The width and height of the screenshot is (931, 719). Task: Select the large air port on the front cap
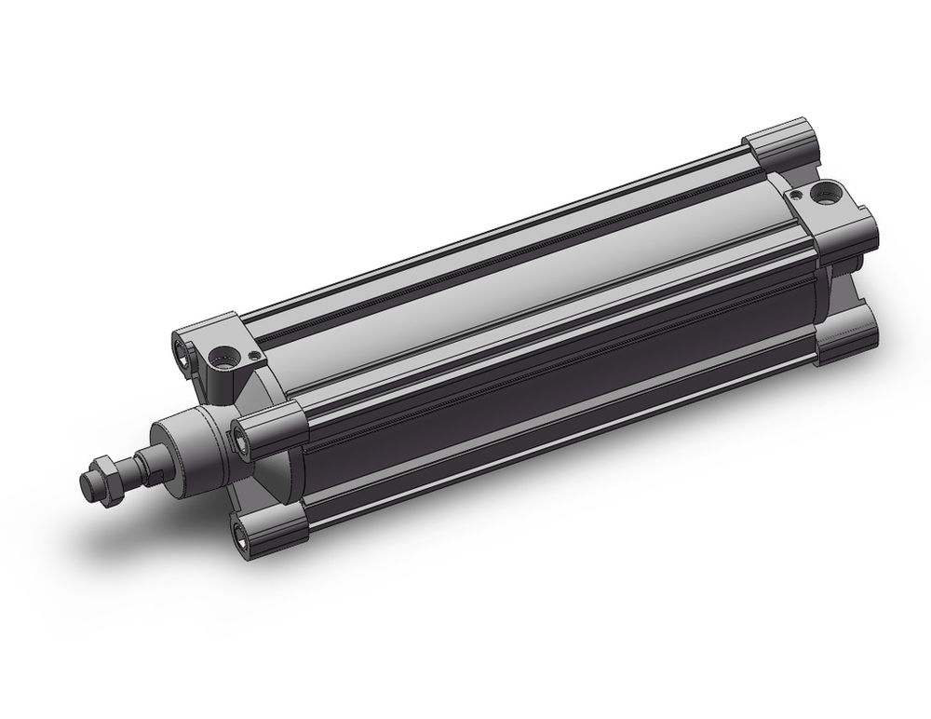[x=223, y=356]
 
